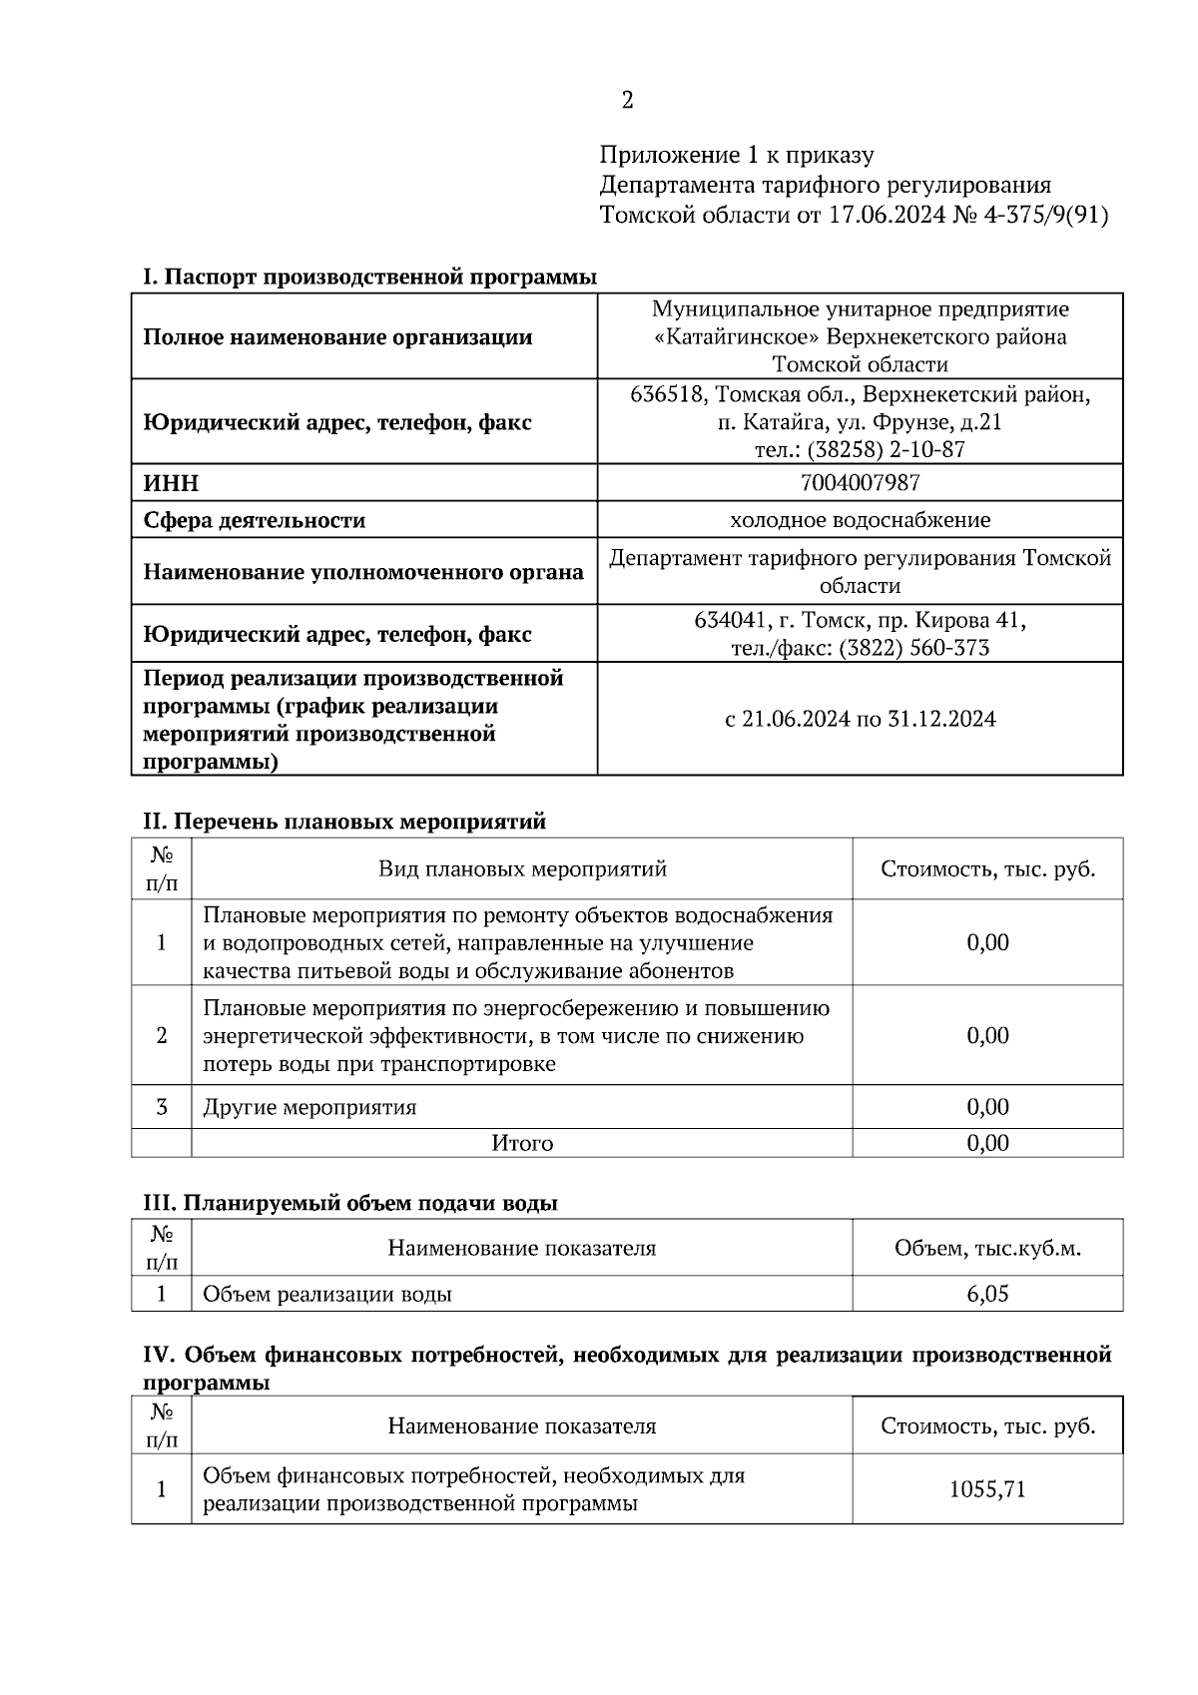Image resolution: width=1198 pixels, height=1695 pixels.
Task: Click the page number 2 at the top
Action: tap(627, 100)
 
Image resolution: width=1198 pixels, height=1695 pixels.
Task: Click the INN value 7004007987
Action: tap(860, 483)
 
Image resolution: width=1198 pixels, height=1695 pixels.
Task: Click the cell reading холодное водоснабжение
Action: tap(860, 520)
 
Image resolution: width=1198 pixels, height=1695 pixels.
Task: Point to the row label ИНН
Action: tap(171, 484)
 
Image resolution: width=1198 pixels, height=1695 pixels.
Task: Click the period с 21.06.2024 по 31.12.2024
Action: tap(860, 719)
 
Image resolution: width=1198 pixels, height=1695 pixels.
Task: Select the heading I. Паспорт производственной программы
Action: tap(369, 277)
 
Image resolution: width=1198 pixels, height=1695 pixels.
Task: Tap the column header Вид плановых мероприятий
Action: tap(521, 868)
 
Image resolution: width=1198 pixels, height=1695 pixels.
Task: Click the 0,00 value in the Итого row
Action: tap(987, 1143)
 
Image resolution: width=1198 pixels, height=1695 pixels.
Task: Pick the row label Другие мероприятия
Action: tap(309, 1107)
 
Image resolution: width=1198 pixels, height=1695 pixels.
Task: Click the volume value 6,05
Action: tap(987, 1294)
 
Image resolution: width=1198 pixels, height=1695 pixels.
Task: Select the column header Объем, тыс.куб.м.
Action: tap(987, 1248)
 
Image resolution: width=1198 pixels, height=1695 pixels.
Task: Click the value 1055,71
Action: tap(987, 1489)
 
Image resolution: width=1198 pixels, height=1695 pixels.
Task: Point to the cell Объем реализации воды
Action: tap(327, 1295)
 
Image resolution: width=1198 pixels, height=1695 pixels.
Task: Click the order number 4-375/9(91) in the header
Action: tap(1046, 215)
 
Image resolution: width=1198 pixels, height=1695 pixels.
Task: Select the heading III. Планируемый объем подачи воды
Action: tap(349, 1203)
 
